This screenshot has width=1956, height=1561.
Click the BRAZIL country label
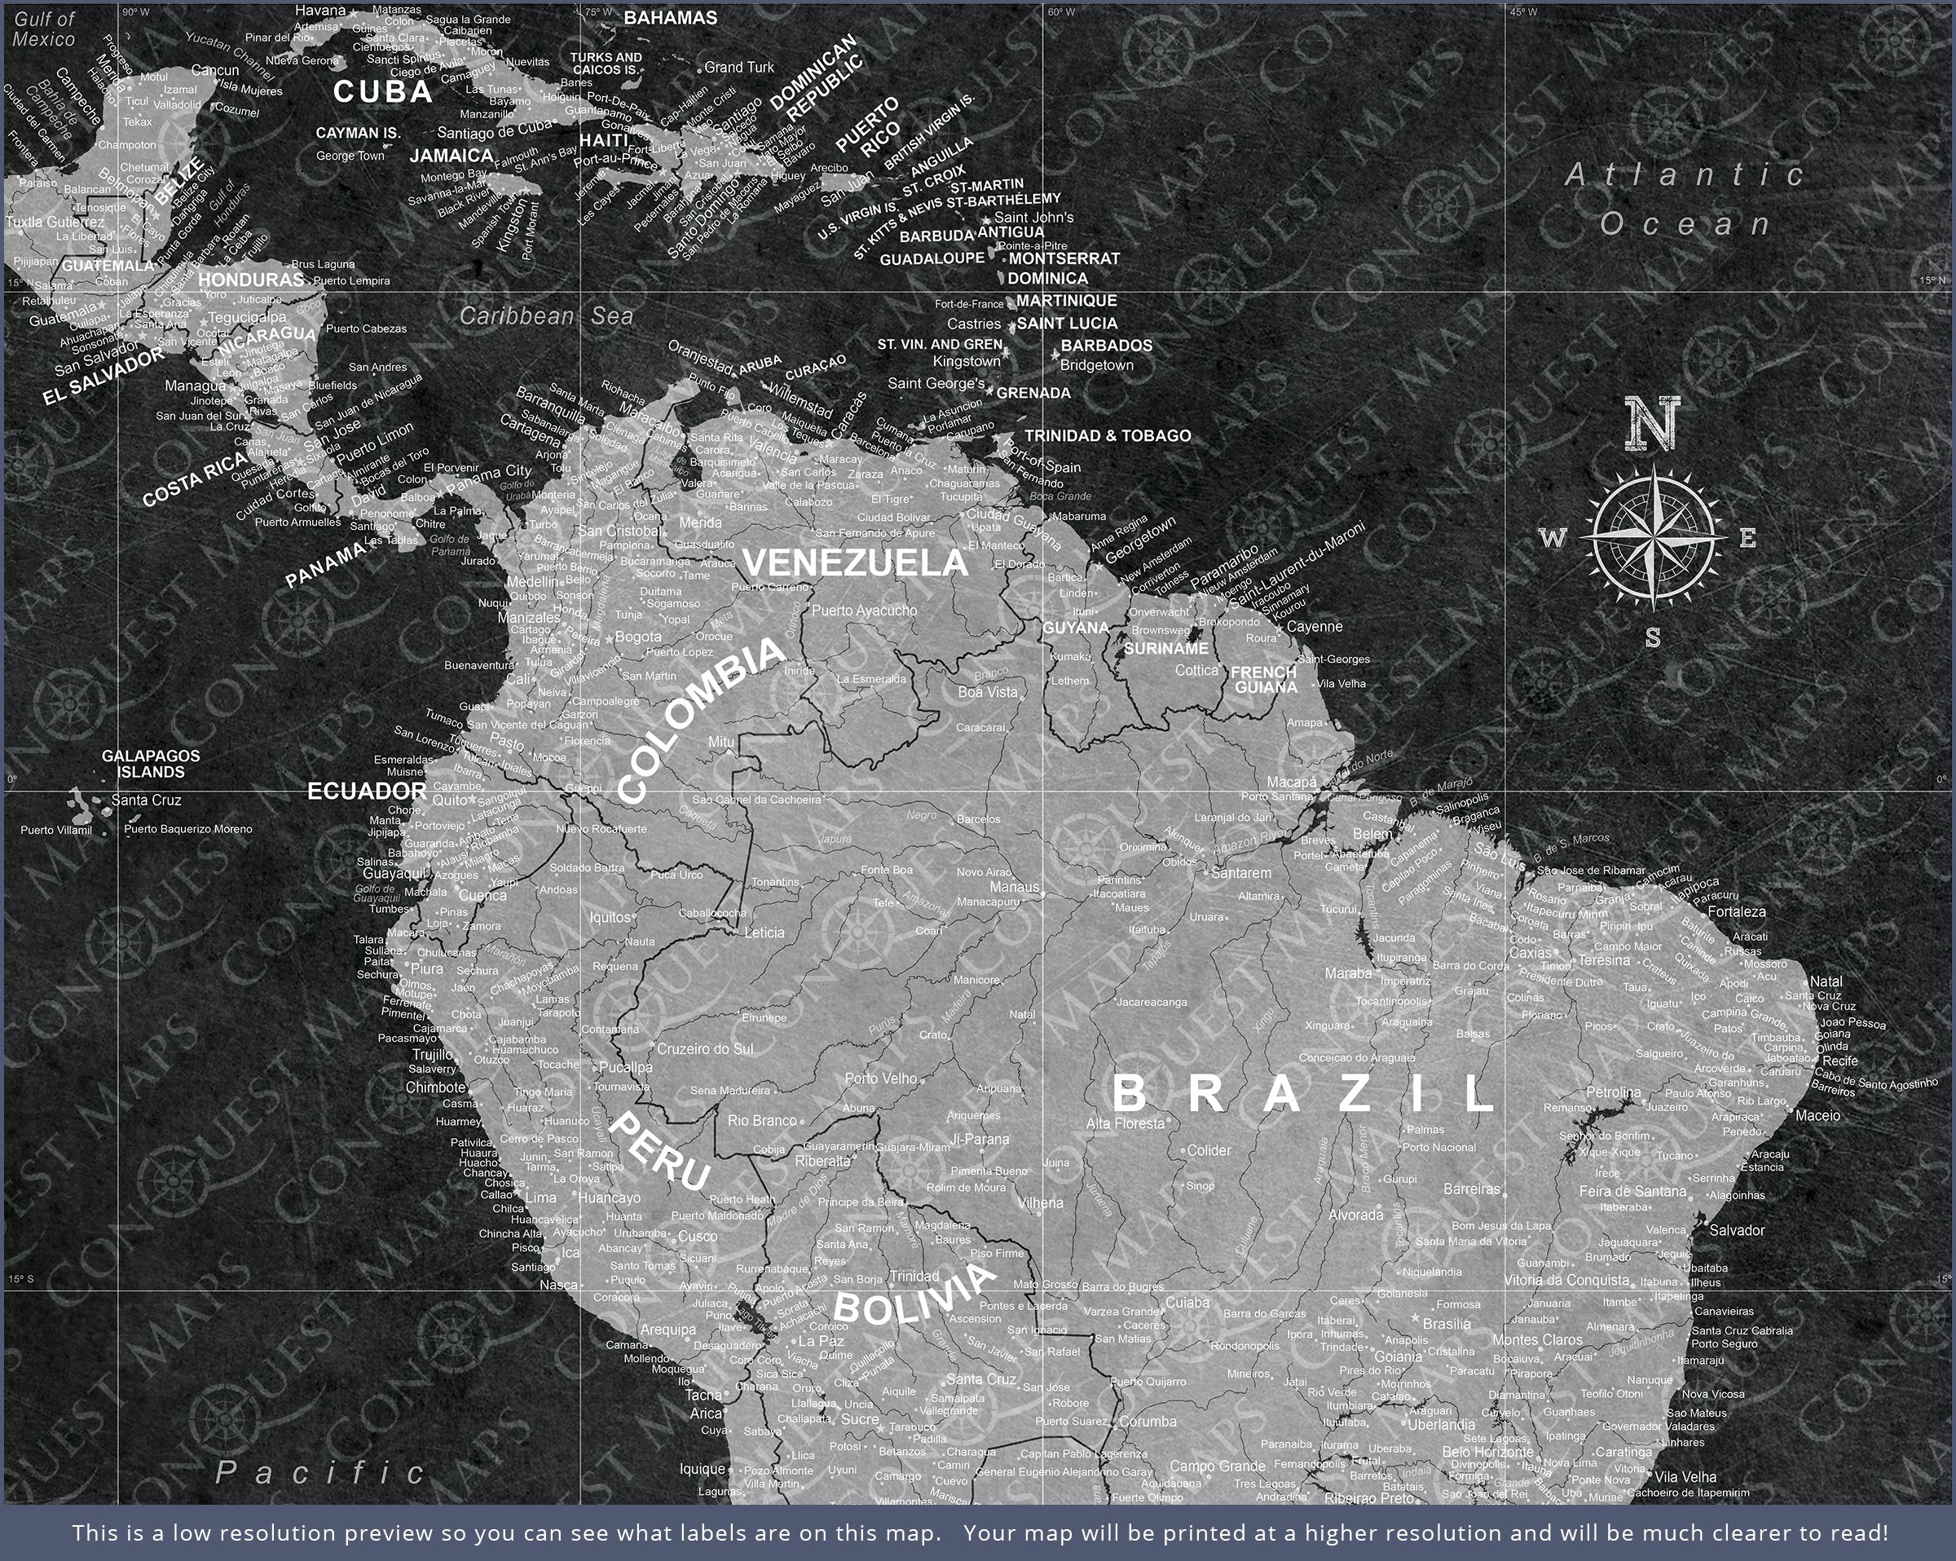tap(1303, 1094)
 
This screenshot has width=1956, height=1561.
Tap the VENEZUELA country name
tap(856, 563)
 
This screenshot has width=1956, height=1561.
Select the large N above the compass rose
tap(1652, 423)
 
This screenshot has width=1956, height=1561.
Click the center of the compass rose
tap(1654, 538)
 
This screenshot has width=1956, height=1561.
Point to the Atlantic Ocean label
tap(1685, 199)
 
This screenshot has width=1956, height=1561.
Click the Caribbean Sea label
tap(546, 315)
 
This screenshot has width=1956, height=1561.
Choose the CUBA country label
tap(383, 91)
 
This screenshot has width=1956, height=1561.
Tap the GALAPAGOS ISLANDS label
tap(151, 763)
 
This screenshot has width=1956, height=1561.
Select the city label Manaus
tap(1013, 887)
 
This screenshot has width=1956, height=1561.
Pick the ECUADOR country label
tap(367, 792)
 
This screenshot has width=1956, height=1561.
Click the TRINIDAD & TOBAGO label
tap(1107, 435)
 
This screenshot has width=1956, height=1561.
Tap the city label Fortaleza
tap(1737, 911)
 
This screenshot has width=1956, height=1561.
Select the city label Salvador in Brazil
tap(1737, 1231)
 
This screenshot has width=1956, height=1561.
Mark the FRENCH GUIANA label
tap(1264, 679)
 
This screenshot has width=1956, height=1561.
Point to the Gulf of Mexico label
tap(43, 29)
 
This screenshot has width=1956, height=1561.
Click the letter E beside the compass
tap(1747, 539)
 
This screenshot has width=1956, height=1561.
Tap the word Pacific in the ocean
tap(320, 1472)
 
